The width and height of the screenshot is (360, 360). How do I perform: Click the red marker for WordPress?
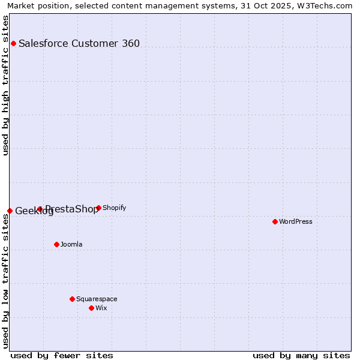(x=275, y=221)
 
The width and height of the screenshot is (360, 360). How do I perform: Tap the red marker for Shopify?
(x=98, y=208)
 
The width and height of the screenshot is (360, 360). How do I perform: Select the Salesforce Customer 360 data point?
(x=13, y=43)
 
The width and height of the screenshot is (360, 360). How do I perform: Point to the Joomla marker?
(x=56, y=244)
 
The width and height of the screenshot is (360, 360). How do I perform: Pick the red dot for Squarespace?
(x=72, y=299)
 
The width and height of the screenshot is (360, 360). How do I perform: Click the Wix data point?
(x=91, y=308)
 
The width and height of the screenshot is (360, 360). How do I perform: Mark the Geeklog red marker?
(x=10, y=211)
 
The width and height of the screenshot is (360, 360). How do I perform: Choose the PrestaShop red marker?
(x=40, y=209)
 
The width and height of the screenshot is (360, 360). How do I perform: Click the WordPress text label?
(x=296, y=221)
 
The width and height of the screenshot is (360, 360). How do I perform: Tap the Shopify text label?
(x=114, y=208)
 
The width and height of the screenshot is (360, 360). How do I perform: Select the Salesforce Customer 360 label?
(x=79, y=43)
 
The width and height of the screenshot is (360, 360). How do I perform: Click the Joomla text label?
(x=71, y=244)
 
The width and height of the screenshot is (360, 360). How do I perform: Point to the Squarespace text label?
(x=97, y=299)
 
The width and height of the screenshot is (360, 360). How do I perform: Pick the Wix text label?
(x=101, y=308)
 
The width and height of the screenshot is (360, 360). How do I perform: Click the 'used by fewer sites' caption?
(x=62, y=355)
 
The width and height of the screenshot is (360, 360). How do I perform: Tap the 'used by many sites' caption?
(x=301, y=355)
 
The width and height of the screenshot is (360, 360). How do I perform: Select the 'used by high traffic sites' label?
(x=5, y=85)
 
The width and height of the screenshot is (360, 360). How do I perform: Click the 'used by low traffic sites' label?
(x=5, y=281)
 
